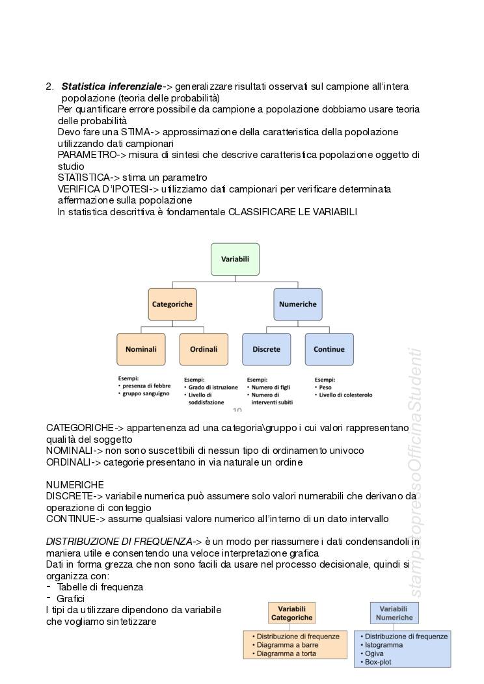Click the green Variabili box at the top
(235, 259)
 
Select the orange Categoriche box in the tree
(172, 304)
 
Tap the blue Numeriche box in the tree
(297, 304)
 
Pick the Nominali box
(141, 349)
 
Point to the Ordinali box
(204, 349)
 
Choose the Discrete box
(266, 349)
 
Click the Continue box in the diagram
(329, 349)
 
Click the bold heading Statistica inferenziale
(111, 86)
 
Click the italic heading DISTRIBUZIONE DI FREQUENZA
(119, 542)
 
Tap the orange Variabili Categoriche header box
(291, 612)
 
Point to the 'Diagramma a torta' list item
(286, 653)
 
